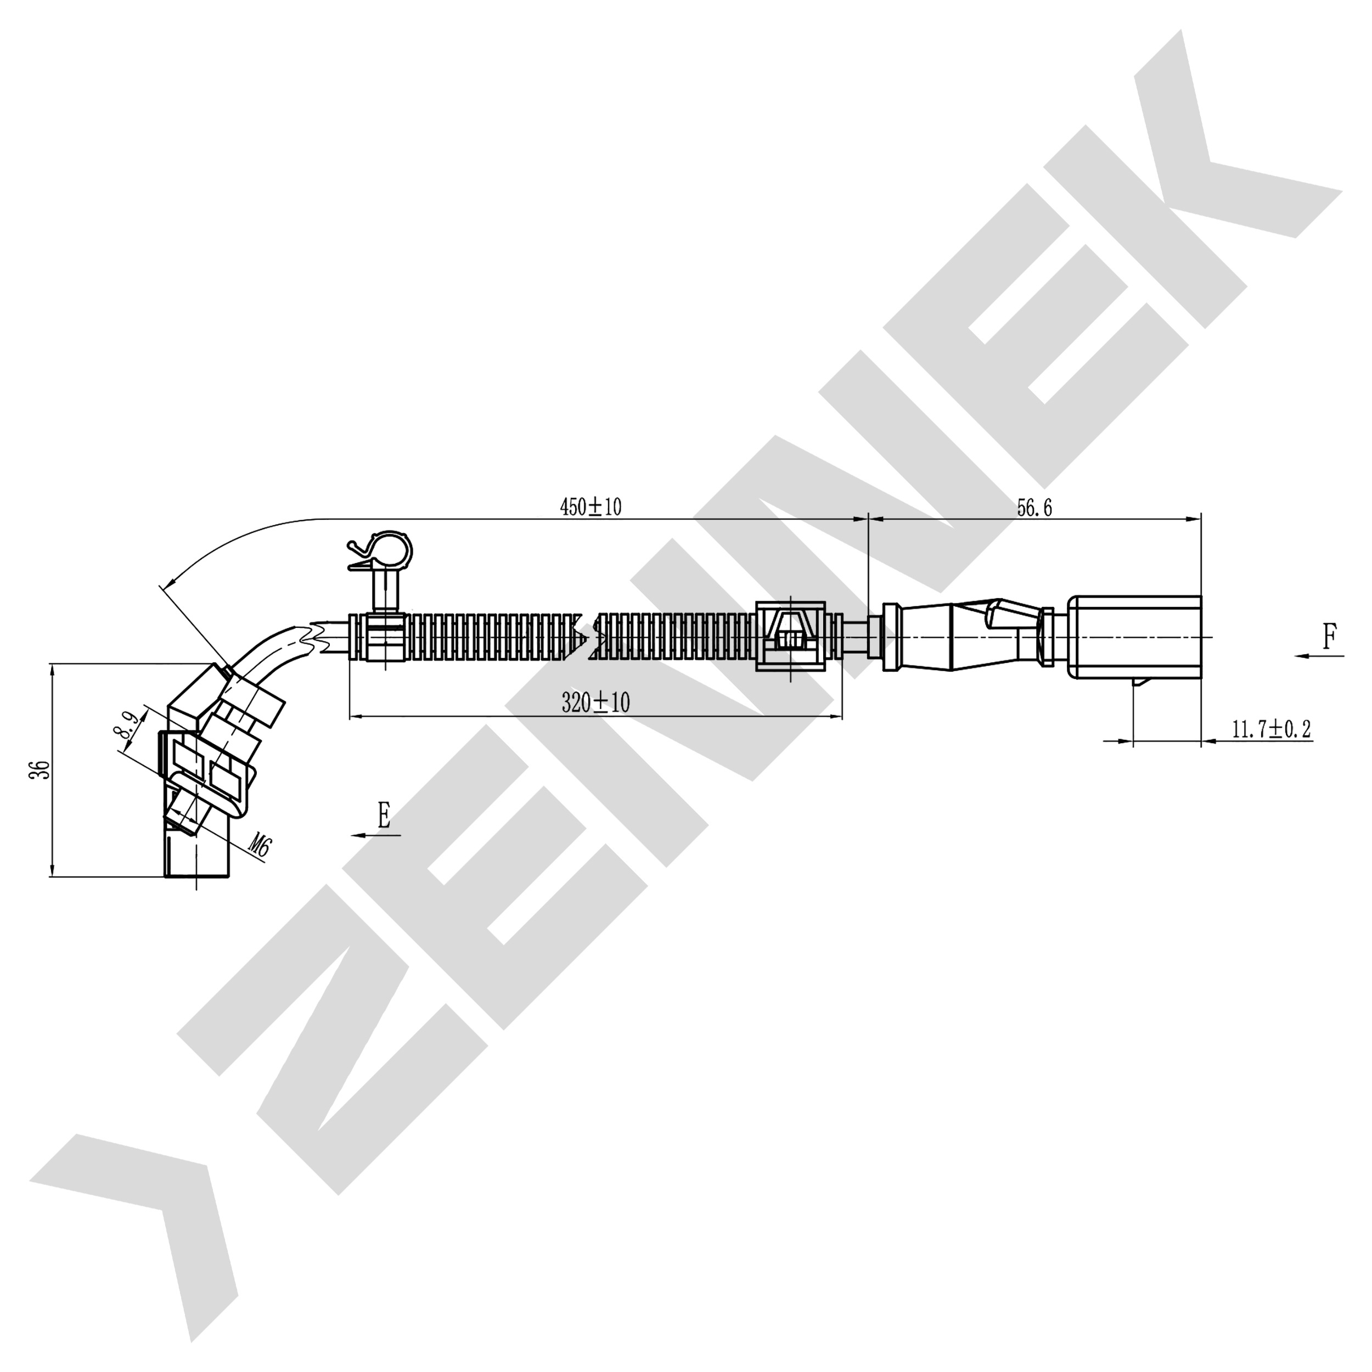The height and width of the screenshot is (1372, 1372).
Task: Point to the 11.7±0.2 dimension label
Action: [x=1270, y=729]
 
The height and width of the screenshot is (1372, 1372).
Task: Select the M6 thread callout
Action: [x=261, y=845]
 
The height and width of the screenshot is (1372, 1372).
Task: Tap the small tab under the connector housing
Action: [x=1139, y=683]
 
